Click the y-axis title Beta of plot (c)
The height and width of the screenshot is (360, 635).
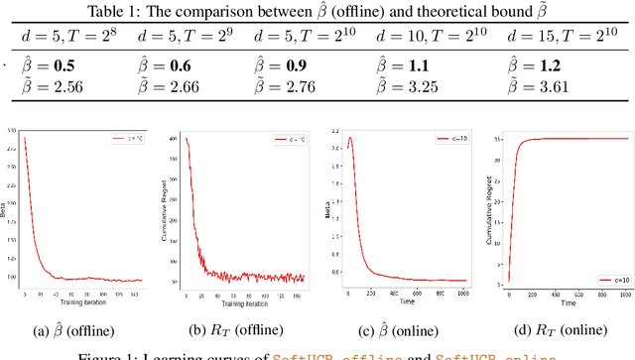(x=327, y=209)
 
